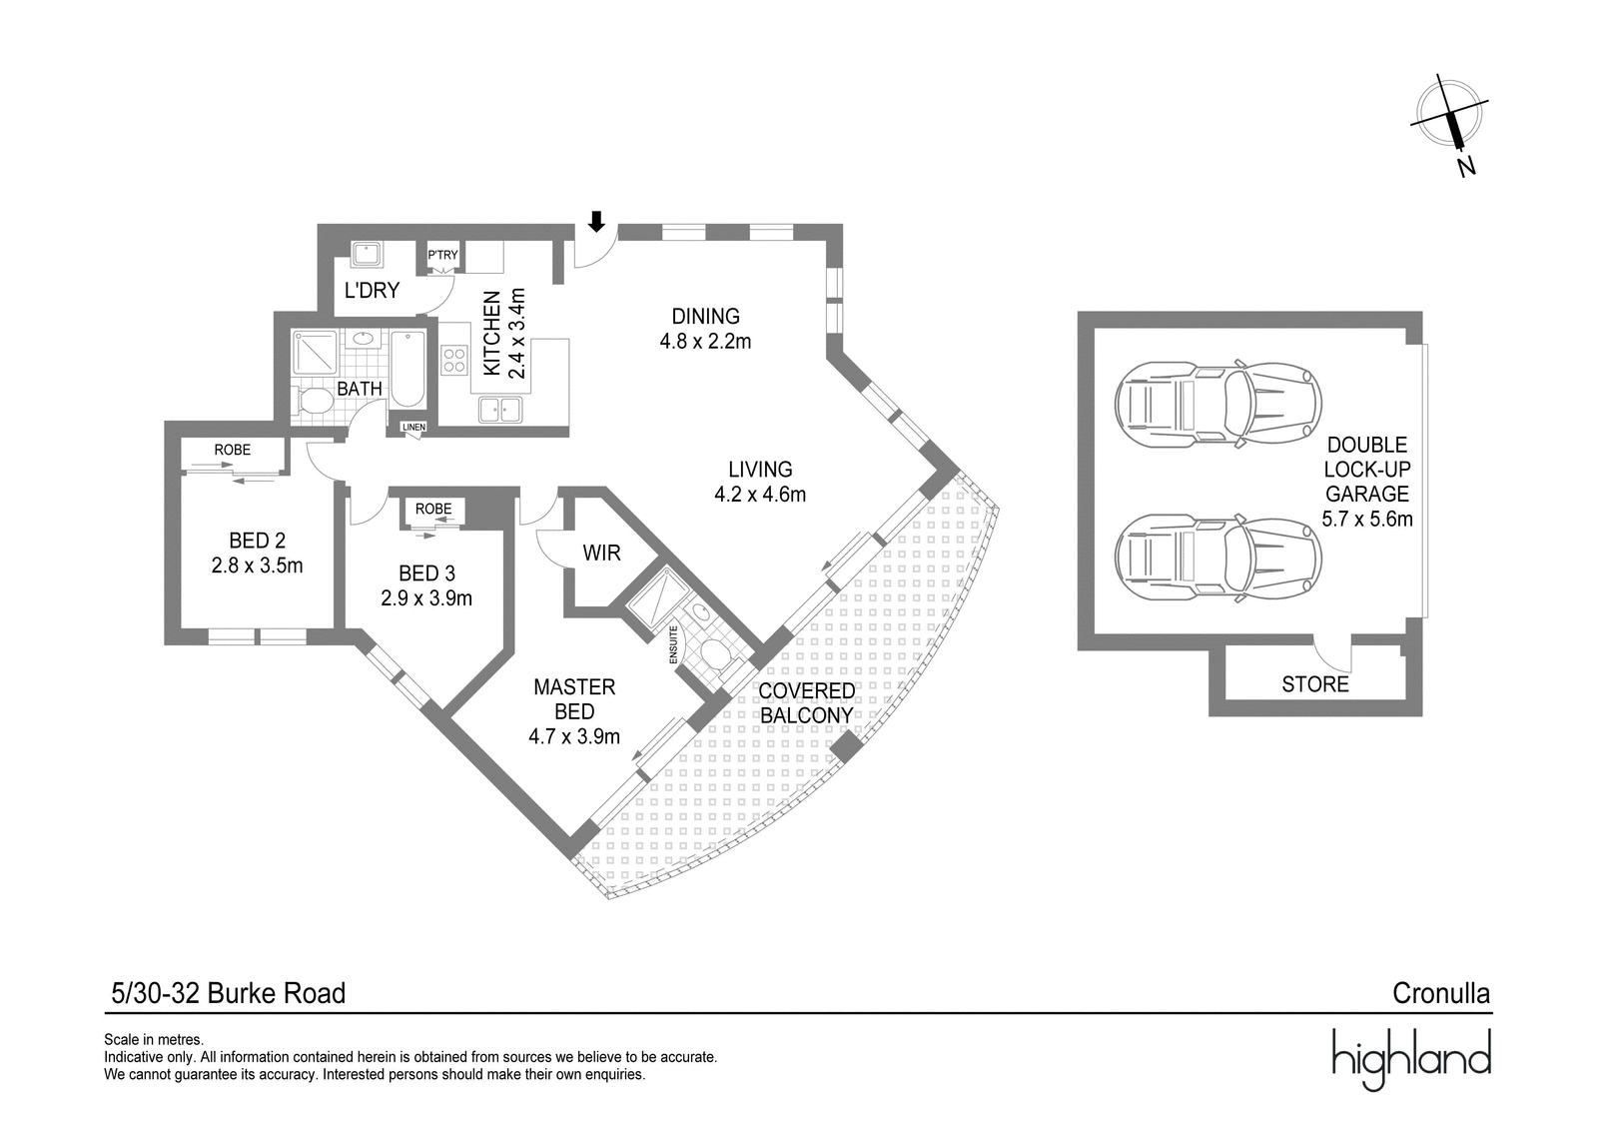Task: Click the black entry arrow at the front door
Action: click(596, 221)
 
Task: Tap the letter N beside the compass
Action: click(1466, 167)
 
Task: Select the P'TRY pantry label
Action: click(443, 255)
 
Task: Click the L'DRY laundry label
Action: click(372, 291)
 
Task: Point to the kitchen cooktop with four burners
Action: click(453, 360)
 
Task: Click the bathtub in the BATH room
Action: click(408, 369)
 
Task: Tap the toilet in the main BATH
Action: click(313, 401)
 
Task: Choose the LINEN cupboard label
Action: click(413, 427)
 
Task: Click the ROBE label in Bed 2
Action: click(233, 450)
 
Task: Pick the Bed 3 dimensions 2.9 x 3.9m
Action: click(426, 597)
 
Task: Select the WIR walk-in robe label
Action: click(601, 554)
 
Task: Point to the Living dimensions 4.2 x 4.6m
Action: click(760, 494)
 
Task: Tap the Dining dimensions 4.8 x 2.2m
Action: click(705, 341)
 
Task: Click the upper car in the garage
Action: click(1217, 404)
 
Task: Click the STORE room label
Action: click(1315, 684)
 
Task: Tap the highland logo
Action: click(1412, 1059)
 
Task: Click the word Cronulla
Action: click(1441, 993)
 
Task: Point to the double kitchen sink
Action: click(500, 410)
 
